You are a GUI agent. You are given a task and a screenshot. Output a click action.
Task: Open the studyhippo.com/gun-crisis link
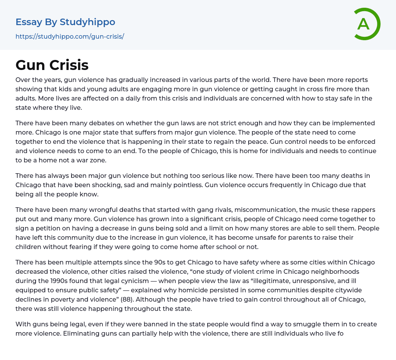(x=70, y=37)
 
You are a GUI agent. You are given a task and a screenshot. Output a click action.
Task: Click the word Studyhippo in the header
(x=87, y=22)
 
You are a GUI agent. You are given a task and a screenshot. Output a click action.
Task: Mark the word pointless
(x=184, y=185)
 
